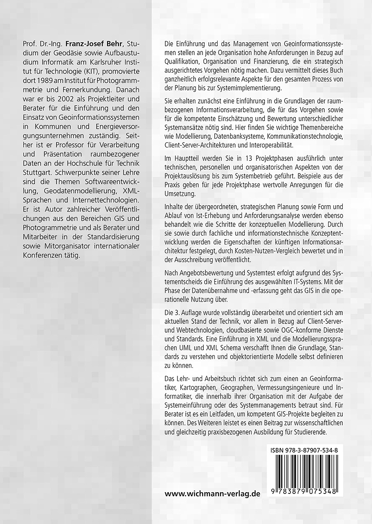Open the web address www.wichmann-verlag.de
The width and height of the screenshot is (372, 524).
tap(212, 493)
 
